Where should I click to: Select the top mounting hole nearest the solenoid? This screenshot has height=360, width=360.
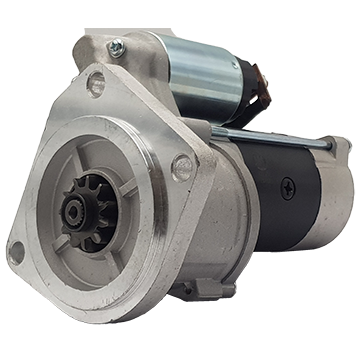(x=95, y=81)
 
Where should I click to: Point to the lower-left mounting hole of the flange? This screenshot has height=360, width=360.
(x=18, y=252)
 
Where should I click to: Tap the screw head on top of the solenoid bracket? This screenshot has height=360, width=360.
(x=117, y=47)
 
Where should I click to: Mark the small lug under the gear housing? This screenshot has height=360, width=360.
(x=205, y=287)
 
